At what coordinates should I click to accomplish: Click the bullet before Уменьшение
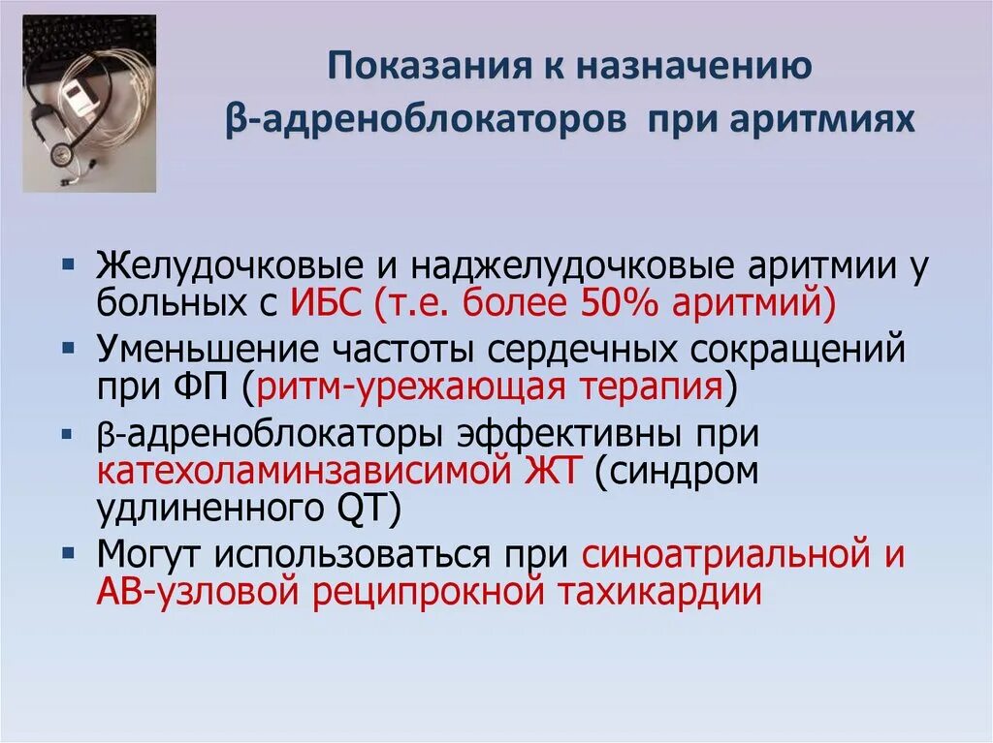tap(80, 348)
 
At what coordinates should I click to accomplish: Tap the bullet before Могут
tap(80, 552)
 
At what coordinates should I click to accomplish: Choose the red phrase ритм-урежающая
tap(402, 387)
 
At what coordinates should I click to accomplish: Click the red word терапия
tap(641, 387)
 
